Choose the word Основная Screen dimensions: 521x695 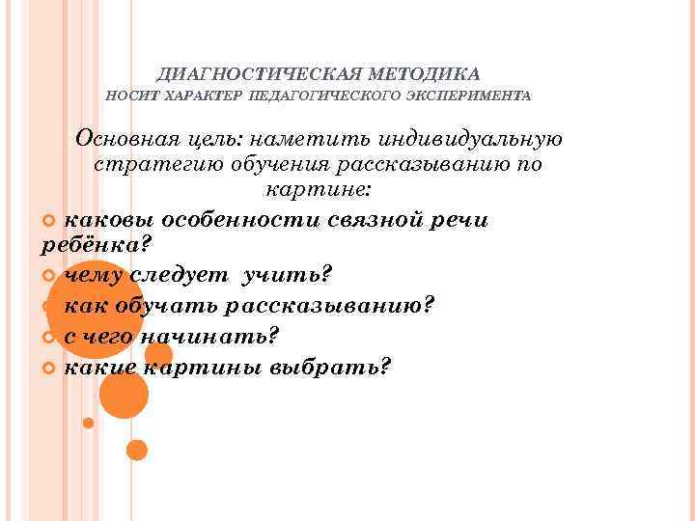(130, 139)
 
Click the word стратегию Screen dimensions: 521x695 (153, 164)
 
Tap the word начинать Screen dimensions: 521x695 (208, 337)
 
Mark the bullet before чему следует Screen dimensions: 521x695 (51, 278)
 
